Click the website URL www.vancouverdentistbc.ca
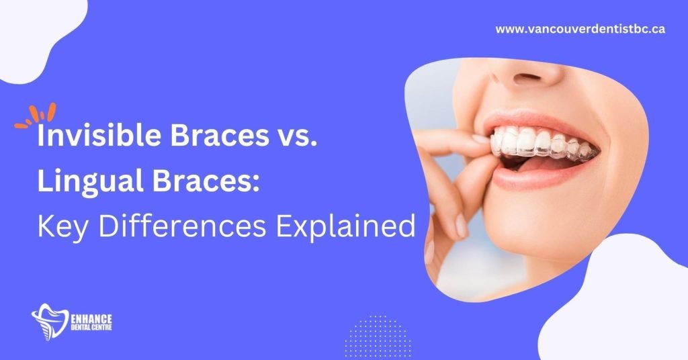[580, 29]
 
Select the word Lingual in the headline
[91, 181]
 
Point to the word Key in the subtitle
[62, 228]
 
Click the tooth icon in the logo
[50, 322]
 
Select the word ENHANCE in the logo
[91, 319]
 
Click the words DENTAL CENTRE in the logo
[91, 328]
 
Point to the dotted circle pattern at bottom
[378, 336]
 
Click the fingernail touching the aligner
[480, 140]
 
